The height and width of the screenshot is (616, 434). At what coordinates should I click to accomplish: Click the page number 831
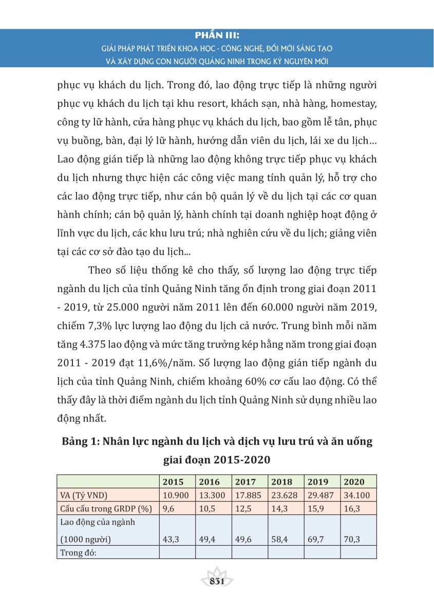coord(217,581)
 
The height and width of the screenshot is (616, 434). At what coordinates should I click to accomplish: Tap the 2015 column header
coord(173,482)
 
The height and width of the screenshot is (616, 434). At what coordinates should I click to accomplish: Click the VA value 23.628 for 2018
coord(282,495)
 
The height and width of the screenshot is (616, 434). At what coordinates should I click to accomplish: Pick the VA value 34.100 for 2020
coord(354,495)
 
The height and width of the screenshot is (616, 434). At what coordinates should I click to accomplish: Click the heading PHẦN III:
coord(217,36)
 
